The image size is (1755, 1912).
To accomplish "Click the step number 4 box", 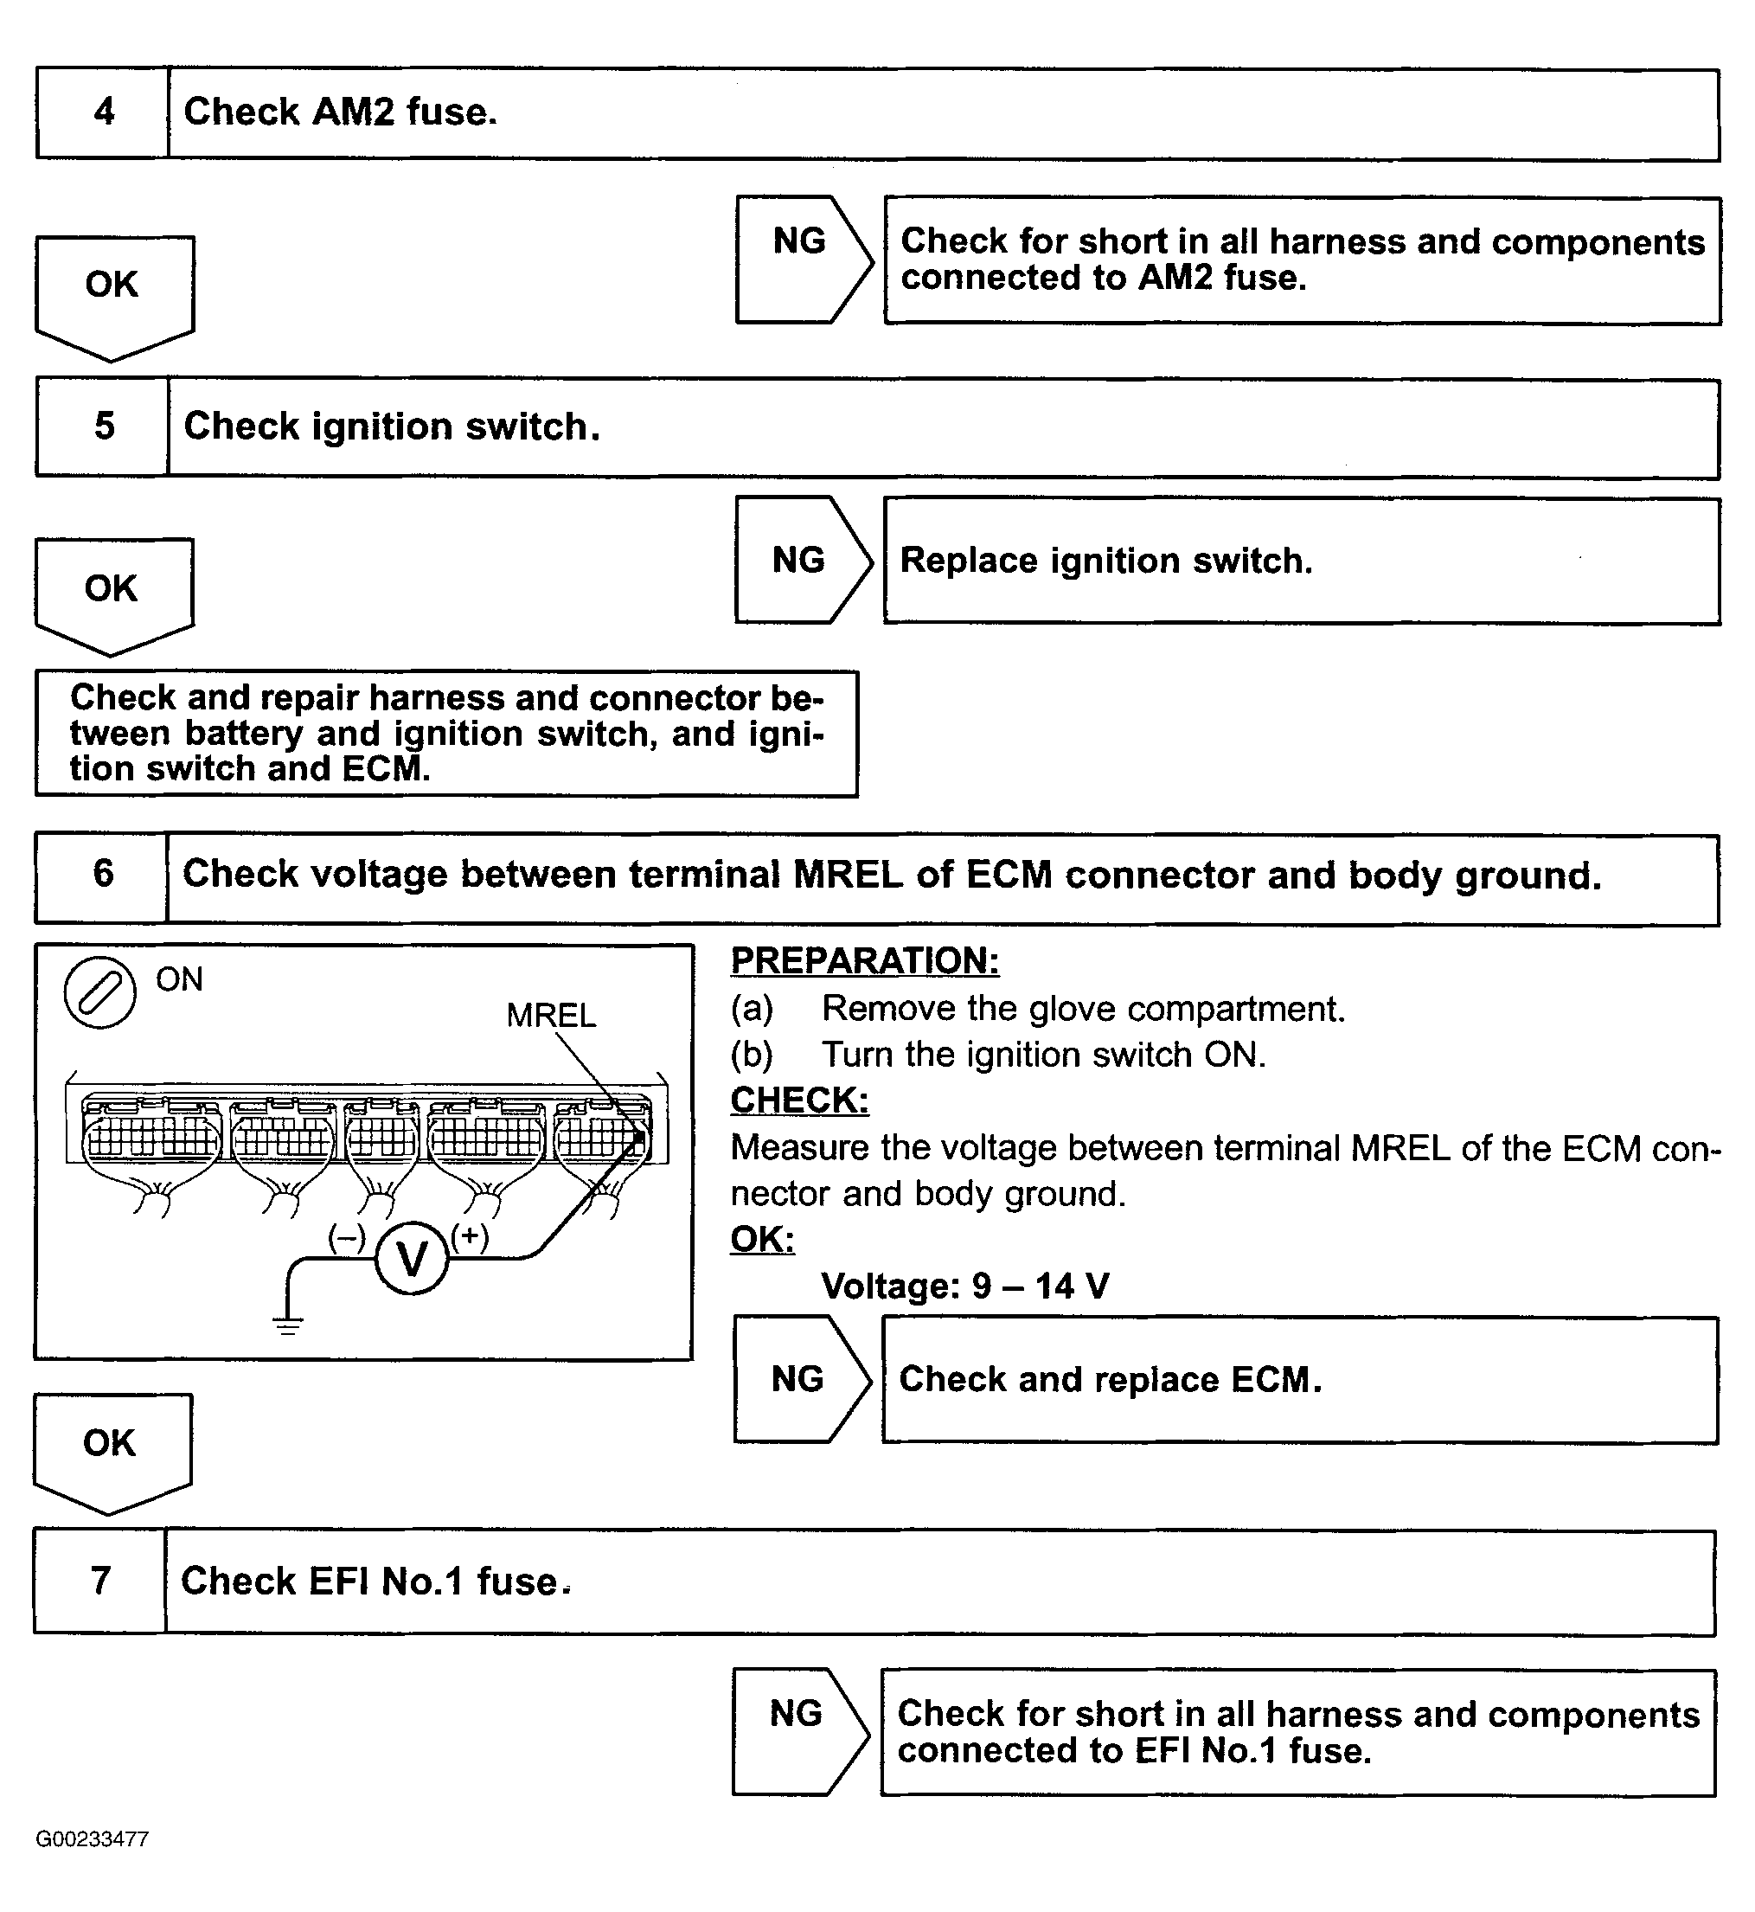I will [103, 113].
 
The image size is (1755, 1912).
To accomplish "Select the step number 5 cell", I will [103, 427].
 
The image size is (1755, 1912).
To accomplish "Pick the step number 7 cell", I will [99, 1582].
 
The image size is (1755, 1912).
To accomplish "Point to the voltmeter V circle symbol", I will [411, 1260].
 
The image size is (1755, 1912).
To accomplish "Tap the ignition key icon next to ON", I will [99, 992].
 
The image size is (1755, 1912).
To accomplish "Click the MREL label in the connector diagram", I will [551, 1016].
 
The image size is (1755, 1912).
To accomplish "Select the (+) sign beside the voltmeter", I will [469, 1235].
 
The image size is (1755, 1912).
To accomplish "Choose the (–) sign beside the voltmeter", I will [347, 1236].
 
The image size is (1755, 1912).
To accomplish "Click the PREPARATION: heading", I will [864, 960].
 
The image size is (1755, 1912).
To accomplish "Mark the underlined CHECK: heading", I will [798, 1100].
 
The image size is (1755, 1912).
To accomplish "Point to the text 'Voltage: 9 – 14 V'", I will [964, 1286].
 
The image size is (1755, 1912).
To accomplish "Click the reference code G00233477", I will [93, 1838].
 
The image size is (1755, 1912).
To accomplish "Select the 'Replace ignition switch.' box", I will [1301, 561].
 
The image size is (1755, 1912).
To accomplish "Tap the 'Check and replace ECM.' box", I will [1299, 1380].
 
